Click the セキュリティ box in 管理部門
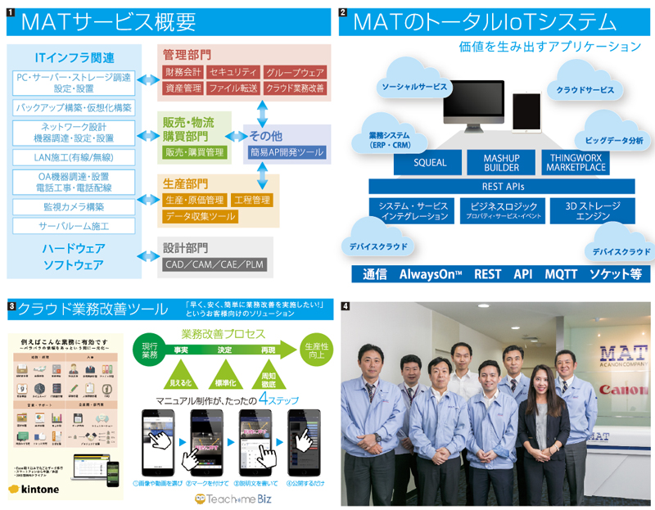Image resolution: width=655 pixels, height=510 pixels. point(233,72)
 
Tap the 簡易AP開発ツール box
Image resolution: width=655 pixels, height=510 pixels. point(288,152)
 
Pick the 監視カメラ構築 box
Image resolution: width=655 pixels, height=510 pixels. point(74,207)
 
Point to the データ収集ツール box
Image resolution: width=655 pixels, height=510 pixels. point(201,216)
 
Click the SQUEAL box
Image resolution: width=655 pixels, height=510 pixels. point(429,162)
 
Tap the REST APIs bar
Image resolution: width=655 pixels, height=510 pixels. point(501,186)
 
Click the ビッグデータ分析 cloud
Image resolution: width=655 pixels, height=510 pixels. point(614,140)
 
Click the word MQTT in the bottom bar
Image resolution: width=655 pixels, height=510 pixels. point(561,273)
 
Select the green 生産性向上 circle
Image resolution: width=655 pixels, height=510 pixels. point(314,350)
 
